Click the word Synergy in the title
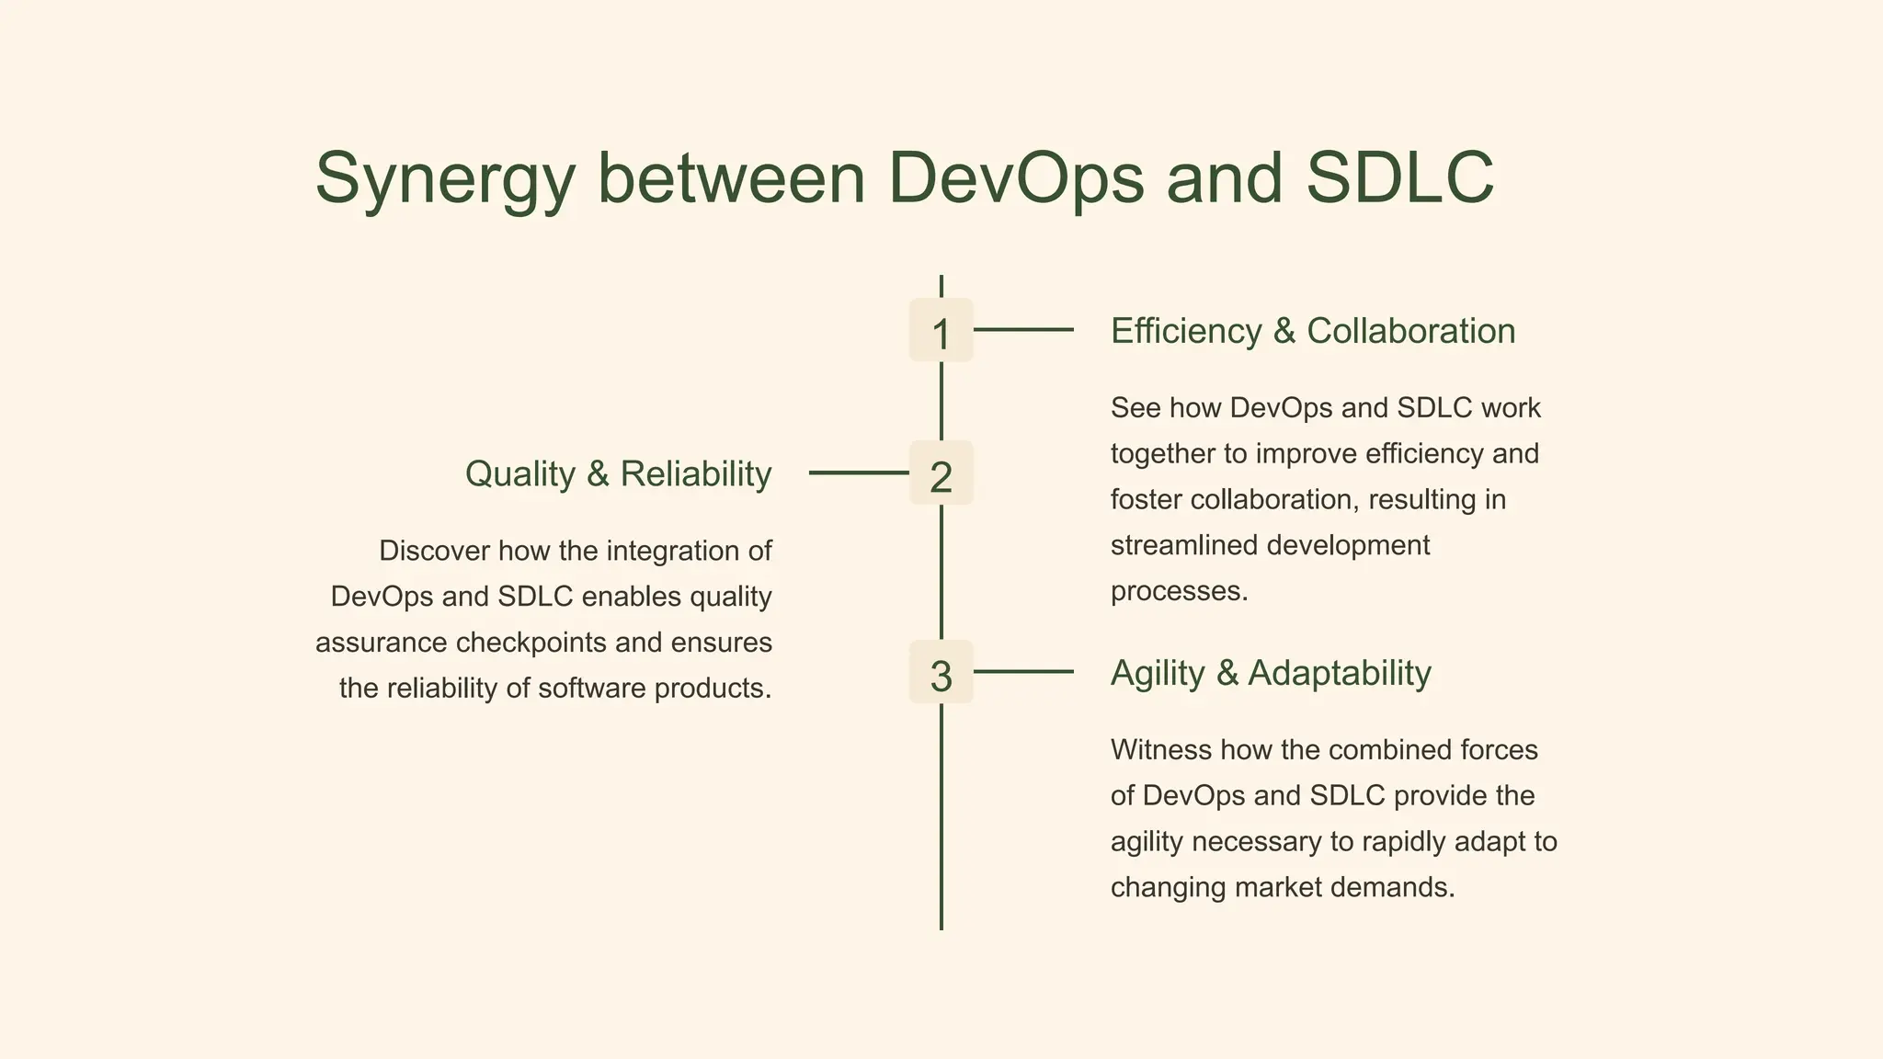pos(445,179)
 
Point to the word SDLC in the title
pos(1399,177)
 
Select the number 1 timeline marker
pos(941,331)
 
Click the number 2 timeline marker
pos(941,474)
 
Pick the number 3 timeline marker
pos(941,674)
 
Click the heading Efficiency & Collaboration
pos(1312,331)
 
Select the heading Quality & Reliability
pos(618,474)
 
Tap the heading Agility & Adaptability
pos(1271,673)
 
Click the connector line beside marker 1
pos(1023,329)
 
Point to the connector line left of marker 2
pos(858,473)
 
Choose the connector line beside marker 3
pos(1023,672)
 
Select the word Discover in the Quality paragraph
pos(434,551)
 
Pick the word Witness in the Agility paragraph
pos(1161,749)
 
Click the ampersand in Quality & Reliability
pos(598,474)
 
